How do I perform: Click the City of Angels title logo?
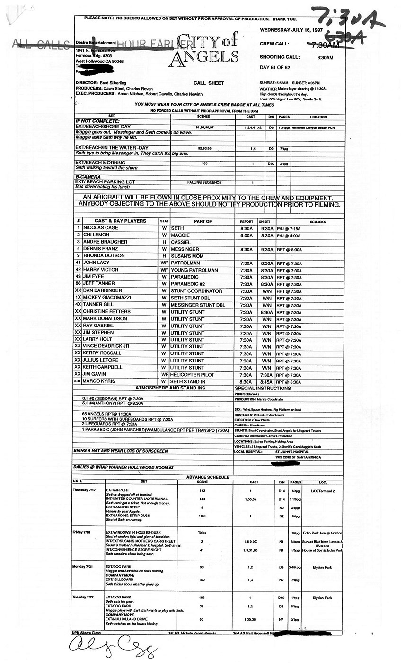click(203, 50)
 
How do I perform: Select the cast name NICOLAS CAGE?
click(101, 228)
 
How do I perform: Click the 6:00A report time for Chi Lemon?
click(246, 235)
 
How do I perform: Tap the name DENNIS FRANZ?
click(102, 249)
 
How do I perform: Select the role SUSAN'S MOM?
click(187, 256)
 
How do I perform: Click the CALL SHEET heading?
click(209, 83)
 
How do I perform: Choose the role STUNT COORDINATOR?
click(196, 291)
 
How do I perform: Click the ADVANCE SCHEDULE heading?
click(208, 477)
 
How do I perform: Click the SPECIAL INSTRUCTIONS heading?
click(263, 389)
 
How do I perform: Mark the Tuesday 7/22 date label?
click(84, 597)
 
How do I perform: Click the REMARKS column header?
click(318, 222)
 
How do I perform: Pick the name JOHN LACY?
click(97, 263)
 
